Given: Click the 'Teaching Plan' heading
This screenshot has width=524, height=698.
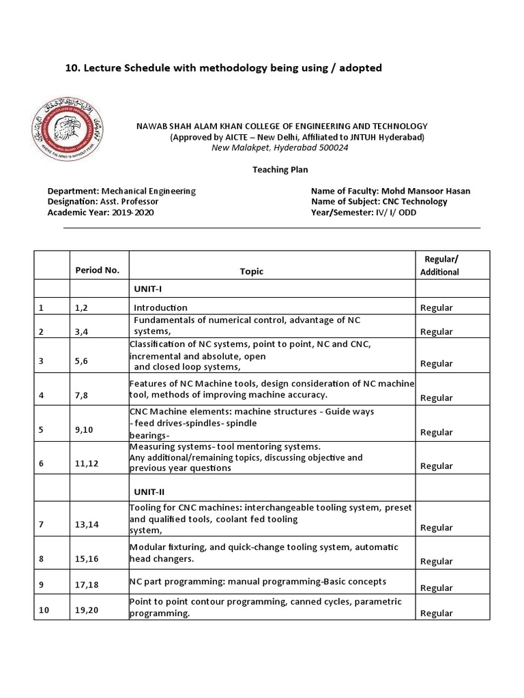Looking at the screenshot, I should tap(280, 170).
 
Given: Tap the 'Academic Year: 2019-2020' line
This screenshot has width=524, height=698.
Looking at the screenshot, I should tap(100, 212).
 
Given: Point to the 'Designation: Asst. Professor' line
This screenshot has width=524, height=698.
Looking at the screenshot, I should tap(103, 202).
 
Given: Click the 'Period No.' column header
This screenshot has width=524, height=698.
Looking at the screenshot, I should tap(97, 270).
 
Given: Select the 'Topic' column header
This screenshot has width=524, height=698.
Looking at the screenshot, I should tap(251, 271).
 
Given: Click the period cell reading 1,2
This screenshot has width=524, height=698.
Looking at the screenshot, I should tap(82, 308).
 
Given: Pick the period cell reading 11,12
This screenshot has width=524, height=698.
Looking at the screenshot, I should tap(86, 464).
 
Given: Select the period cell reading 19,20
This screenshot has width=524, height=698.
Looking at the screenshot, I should tap(87, 610).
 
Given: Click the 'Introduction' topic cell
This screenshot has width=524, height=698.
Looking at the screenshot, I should tap(160, 307).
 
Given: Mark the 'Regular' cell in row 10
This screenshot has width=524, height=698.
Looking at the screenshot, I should tap(437, 613).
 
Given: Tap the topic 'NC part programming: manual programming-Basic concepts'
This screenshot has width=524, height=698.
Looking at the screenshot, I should tap(258, 581).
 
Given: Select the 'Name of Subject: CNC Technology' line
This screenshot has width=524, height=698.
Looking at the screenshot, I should tap(379, 201).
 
